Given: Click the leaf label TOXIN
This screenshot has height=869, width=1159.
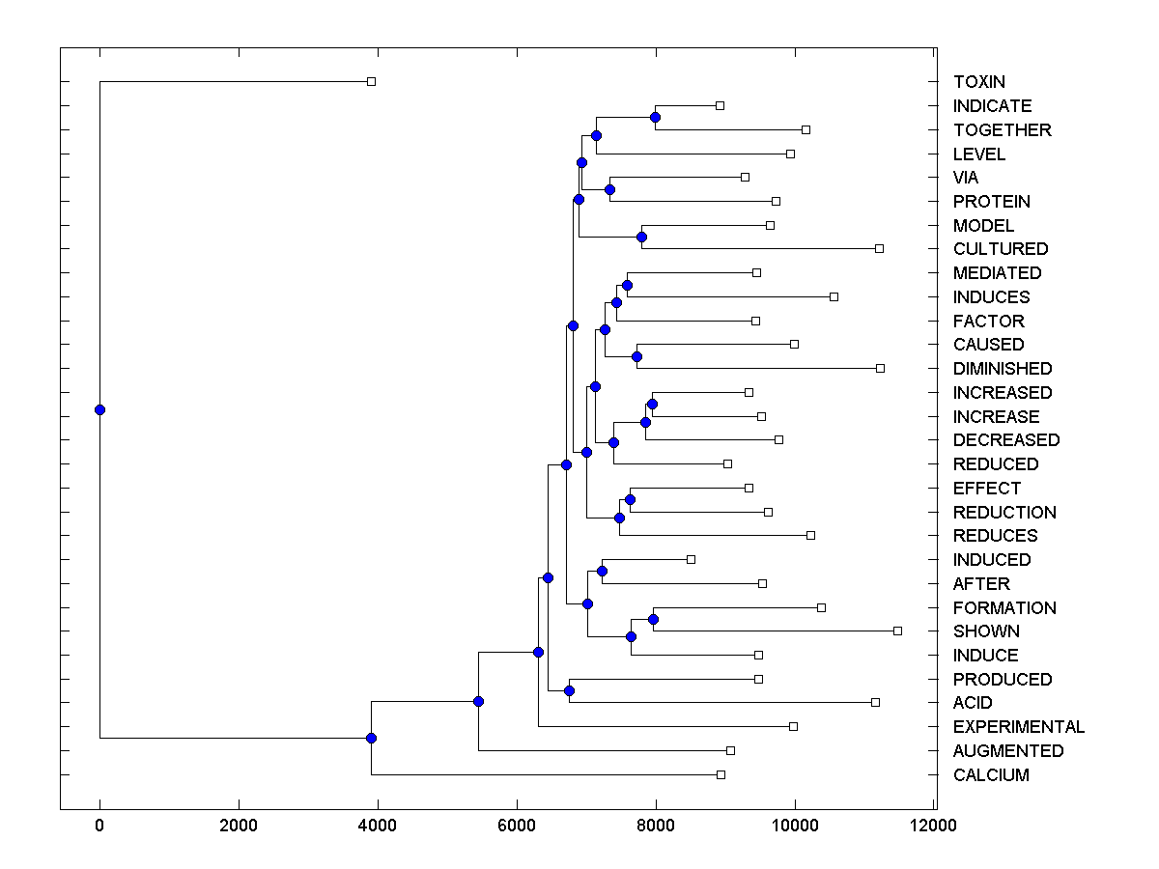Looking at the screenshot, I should [979, 82].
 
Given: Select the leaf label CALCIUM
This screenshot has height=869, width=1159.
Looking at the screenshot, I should [991, 775].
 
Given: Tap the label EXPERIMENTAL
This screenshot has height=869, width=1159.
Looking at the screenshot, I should [1019, 727].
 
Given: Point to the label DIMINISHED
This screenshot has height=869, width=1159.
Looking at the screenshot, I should [1003, 369].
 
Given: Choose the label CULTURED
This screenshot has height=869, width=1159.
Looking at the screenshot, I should [1001, 249].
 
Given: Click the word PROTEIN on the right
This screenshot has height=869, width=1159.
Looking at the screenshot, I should [992, 202].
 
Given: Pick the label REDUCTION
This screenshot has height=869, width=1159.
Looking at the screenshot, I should [1004, 512].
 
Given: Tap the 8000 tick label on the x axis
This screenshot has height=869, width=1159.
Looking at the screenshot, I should [656, 826].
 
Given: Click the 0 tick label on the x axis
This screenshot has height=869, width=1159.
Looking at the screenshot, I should [99, 826].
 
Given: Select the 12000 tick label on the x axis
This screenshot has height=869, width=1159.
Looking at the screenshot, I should [934, 826].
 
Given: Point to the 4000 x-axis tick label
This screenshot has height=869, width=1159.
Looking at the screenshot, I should [378, 826].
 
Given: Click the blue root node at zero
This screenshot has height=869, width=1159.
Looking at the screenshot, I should [99, 409].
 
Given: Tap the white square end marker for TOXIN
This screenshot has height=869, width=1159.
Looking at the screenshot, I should [371, 81].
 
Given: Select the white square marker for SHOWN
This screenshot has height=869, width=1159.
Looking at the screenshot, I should [897, 631].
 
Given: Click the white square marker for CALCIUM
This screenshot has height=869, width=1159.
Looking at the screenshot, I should [721, 774].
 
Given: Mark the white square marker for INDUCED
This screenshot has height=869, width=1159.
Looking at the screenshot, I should [691, 559].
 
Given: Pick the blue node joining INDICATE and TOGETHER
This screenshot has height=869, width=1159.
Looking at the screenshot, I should [655, 117].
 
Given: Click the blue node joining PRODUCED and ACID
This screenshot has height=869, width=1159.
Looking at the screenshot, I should [569, 690].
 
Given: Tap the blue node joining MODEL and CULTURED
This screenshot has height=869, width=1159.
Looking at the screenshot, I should [641, 237].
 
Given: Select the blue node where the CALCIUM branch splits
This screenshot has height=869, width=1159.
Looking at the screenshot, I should [371, 738].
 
